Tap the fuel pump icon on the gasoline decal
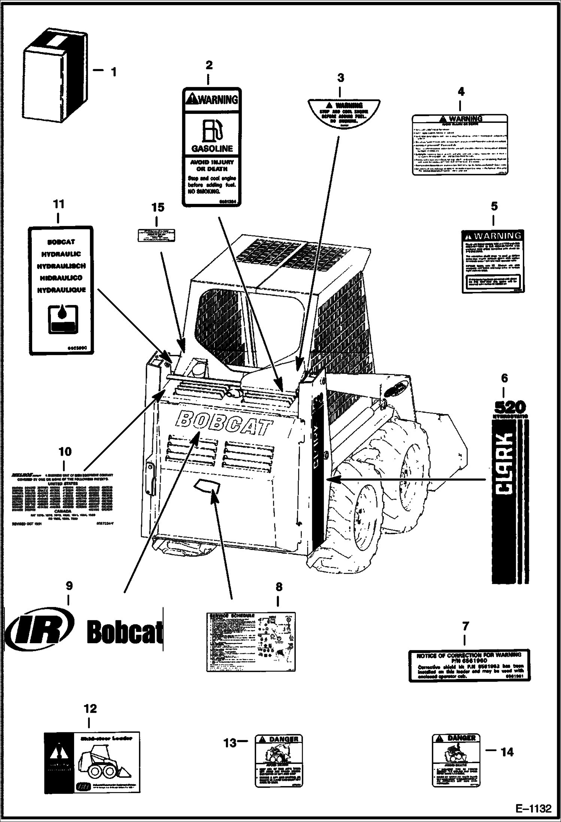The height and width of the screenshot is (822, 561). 212,131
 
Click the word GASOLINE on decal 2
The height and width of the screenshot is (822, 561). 212,149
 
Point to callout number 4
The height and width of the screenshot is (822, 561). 461,91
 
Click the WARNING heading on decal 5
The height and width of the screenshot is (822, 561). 493,236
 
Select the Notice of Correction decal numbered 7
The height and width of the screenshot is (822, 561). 469,665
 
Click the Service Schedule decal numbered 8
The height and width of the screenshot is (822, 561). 251,642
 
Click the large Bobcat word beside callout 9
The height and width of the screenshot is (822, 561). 125,632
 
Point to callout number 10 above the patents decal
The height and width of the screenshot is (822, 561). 65,451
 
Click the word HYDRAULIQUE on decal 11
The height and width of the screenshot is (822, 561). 61,290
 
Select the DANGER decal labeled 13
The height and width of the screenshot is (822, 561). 279,760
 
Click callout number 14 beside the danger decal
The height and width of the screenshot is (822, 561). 507,752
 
